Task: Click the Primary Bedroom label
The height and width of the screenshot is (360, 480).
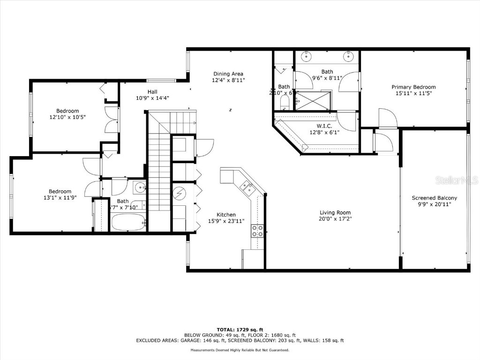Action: pos(413,87)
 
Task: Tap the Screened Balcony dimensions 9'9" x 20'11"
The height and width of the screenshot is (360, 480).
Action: pos(434,204)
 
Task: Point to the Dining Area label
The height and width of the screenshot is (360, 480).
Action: pos(228,74)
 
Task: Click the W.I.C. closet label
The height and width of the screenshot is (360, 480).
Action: pos(324,125)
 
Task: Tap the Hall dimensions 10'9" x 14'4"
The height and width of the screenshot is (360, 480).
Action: pos(152,98)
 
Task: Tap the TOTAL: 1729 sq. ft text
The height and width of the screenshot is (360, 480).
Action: pos(240,330)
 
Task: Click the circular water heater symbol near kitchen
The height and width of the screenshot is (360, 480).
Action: pos(180,193)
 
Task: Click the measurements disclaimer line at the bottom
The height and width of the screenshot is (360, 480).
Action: pos(240,350)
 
